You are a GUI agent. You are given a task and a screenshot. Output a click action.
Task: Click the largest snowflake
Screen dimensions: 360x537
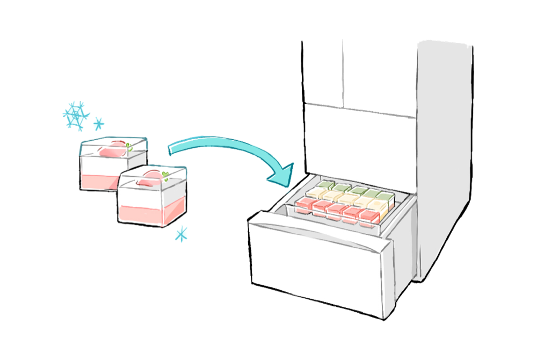coord(76,114)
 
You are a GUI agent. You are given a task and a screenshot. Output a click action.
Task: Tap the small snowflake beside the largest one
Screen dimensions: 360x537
coord(99,124)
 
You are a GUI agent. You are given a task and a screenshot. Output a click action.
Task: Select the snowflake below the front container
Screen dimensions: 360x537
coord(182,233)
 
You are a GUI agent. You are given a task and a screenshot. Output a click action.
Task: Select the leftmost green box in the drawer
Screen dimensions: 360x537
coord(326,185)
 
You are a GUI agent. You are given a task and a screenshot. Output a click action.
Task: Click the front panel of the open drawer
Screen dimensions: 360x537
coord(317,269)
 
